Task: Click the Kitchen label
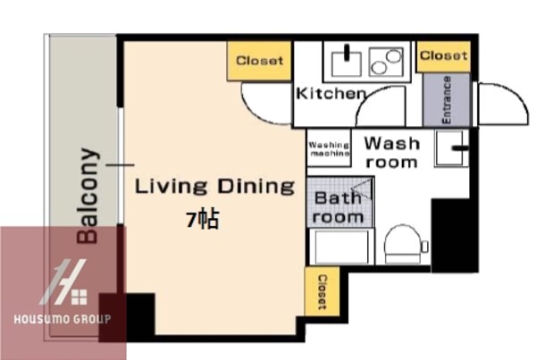330,94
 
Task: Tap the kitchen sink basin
345,62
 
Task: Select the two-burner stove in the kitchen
387,62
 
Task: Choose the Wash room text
391,152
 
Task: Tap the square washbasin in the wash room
452,148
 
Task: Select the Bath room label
339,207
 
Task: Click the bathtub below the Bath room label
341,247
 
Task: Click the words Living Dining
214,187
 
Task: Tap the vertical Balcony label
88,194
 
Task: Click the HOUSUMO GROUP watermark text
62,319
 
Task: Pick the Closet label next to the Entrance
443,55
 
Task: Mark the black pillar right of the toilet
448,234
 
